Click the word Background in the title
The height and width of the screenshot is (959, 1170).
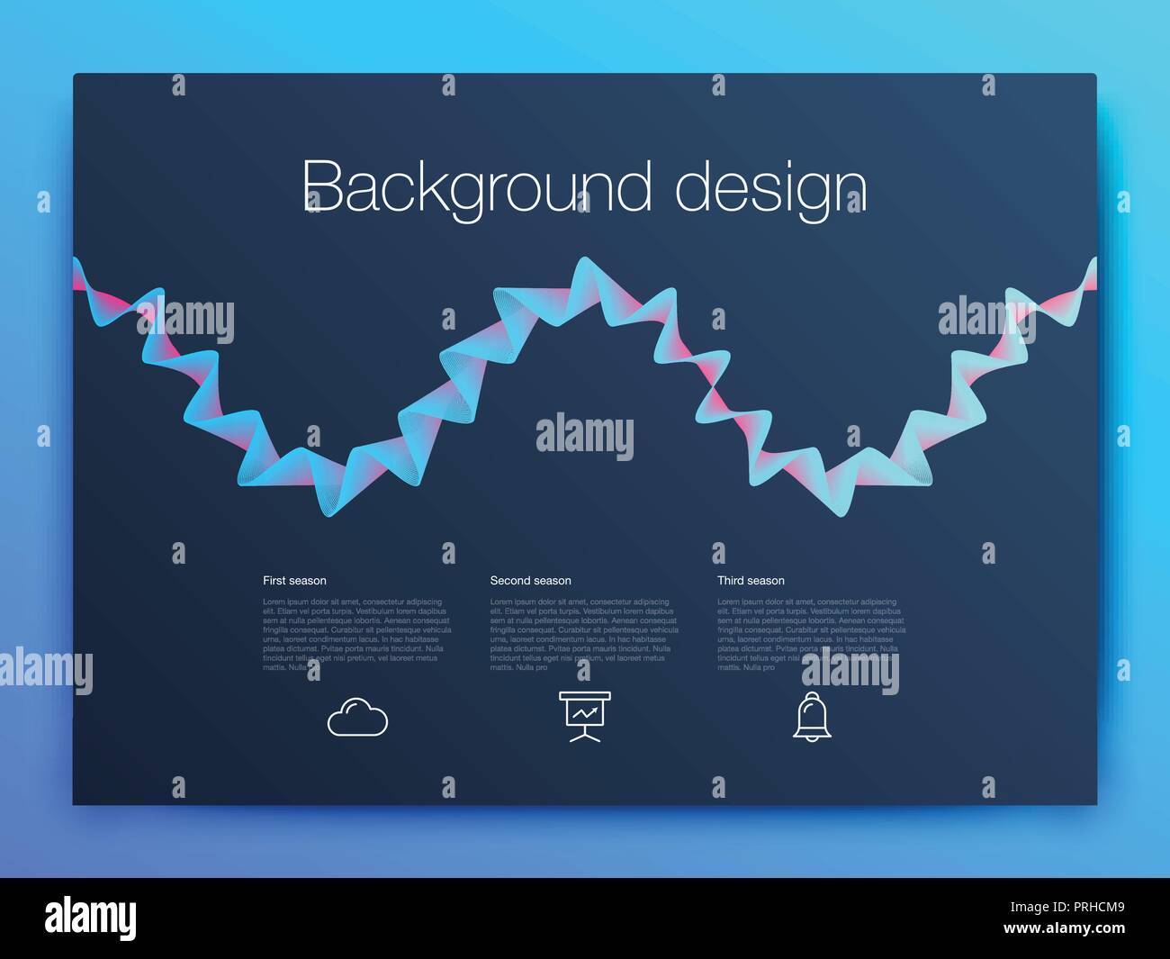point(476,187)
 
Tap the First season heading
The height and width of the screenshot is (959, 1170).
point(294,581)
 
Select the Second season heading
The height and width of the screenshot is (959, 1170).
point(530,581)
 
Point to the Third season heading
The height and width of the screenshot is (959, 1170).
point(751,581)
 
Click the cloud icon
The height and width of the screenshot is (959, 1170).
point(357,718)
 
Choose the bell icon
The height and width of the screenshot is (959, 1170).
point(812,717)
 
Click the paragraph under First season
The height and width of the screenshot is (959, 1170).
point(356,635)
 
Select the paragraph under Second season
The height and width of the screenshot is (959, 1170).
point(584,635)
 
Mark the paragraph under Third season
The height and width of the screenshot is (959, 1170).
point(811,635)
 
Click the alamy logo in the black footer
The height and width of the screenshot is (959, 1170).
point(91,918)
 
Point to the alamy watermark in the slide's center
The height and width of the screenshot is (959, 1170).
point(585,435)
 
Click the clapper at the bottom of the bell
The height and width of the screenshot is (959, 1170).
point(812,738)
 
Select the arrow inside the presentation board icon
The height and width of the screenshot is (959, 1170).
point(586,713)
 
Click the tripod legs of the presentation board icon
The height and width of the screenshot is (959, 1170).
point(585,737)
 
